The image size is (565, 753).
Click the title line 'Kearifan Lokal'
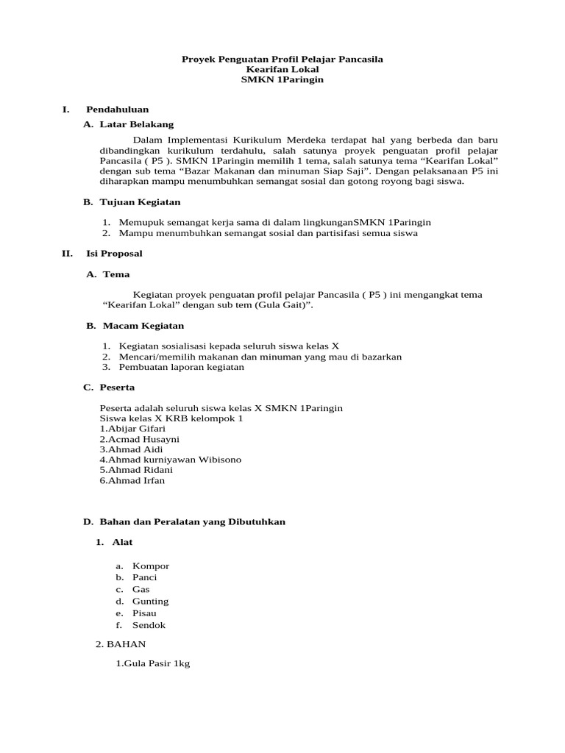[282, 69]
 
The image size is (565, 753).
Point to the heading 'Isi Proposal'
[114, 254]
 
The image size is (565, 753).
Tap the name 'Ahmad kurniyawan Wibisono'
[170, 460]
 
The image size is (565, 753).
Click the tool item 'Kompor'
[151, 566]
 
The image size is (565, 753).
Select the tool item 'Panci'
[145, 578]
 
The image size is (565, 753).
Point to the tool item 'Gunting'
[150, 602]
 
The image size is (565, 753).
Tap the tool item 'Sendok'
[149, 625]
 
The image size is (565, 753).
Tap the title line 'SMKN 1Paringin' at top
[282, 79]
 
